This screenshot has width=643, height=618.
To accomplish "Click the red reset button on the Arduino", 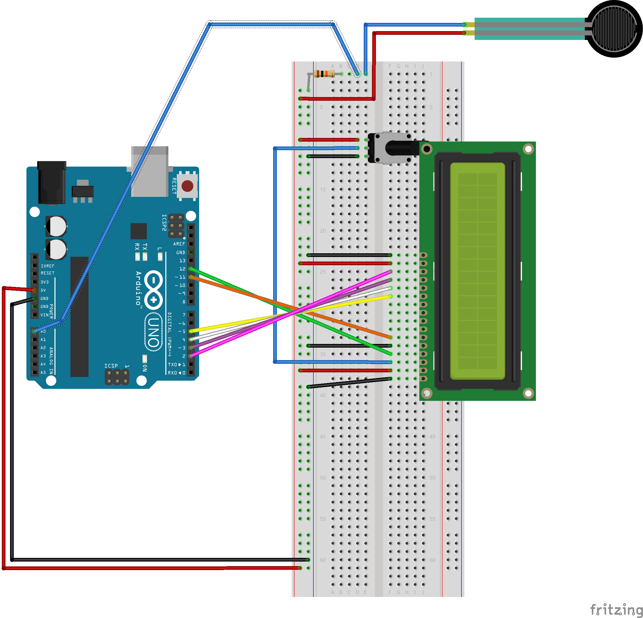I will click(187, 186).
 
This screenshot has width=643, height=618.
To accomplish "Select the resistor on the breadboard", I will click(324, 74).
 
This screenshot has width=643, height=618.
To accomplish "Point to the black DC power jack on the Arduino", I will click(52, 183).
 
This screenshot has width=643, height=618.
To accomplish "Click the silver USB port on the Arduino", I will click(150, 172).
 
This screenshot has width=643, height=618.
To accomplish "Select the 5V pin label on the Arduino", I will click(43, 290).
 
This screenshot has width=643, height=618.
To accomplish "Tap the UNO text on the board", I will click(154, 332).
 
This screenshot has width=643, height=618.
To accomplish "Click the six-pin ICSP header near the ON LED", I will click(117, 377).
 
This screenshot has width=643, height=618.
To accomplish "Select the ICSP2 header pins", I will click(176, 226).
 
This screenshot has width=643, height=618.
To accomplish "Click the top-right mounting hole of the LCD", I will click(528, 149).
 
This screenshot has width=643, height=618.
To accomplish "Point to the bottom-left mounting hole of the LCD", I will click(427, 393).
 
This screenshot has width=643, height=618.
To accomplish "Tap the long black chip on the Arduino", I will click(79, 316).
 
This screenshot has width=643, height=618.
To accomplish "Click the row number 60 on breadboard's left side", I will click(323, 560).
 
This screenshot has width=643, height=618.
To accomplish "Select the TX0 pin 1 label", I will click(177, 364).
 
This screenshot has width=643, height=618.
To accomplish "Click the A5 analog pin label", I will click(43, 373).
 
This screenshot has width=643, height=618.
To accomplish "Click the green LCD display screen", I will click(477, 271).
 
